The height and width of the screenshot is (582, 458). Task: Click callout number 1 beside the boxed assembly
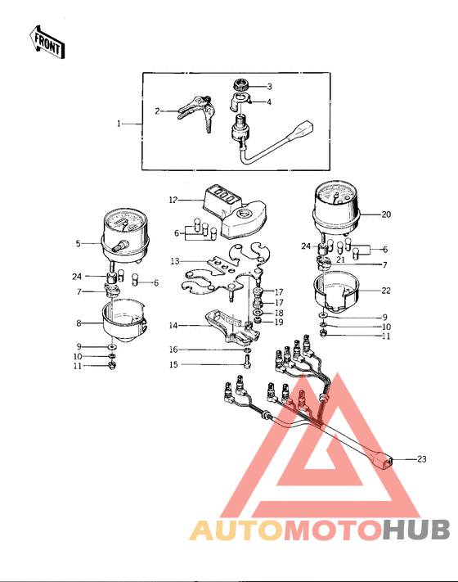click(119, 124)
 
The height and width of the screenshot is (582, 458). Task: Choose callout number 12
click(173, 199)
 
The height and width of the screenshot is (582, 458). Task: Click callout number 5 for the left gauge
click(79, 242)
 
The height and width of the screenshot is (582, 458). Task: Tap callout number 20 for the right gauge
click(386, 214)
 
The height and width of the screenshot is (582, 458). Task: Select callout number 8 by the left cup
click(79, 323)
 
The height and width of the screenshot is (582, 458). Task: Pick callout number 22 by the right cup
click(386, 290)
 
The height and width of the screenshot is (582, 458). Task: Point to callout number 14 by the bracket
click(173, 324)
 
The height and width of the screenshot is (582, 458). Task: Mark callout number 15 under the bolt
click(173, 364)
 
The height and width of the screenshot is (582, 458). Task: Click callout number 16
click(173, 350)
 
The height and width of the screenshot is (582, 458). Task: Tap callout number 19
click(279, 323)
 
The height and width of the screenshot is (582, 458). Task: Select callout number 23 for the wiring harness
click(422, 459)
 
